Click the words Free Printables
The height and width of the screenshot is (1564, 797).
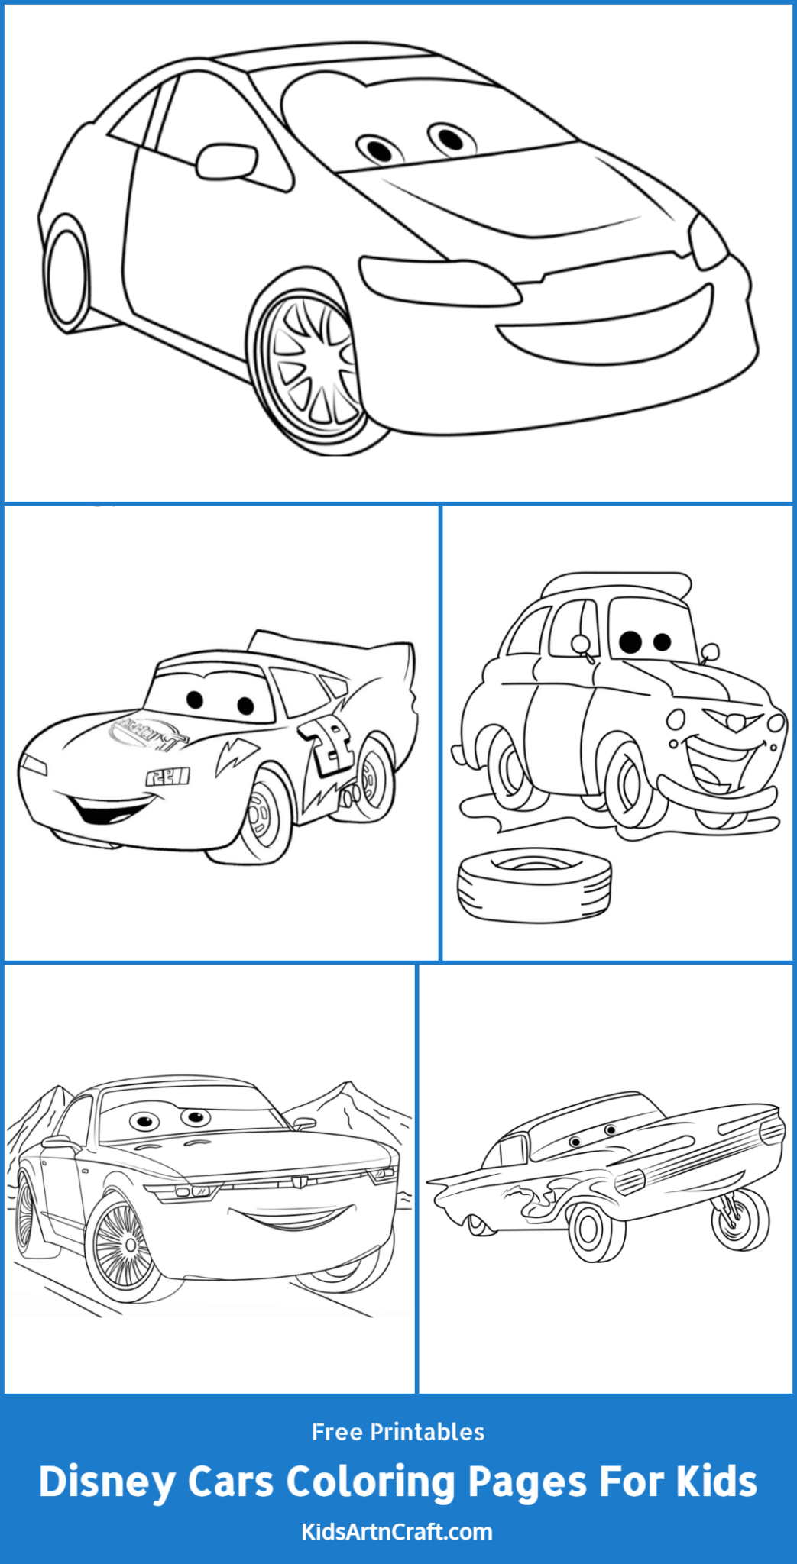(x=398, y=1432)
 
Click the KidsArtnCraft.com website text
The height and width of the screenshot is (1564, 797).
(x=397, y=1531)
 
